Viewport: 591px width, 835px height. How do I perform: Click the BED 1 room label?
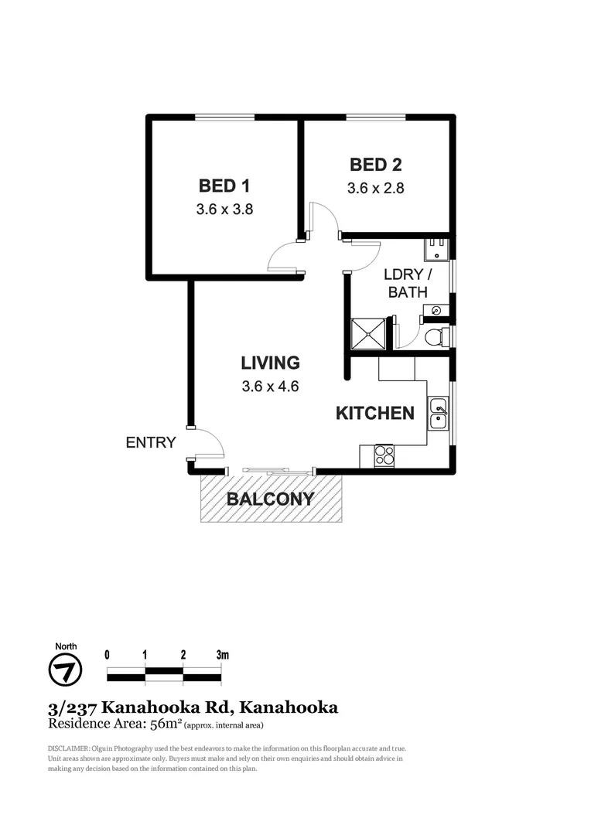224,186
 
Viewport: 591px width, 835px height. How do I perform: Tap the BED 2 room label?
375,165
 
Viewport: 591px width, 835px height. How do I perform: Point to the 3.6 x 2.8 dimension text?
375,187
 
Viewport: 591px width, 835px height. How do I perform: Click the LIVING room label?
269,363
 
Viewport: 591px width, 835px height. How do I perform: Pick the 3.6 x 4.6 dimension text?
269,386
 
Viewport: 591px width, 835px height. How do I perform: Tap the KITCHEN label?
375,413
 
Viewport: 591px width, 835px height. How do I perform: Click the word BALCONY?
270,499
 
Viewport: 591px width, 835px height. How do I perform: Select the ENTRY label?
151,443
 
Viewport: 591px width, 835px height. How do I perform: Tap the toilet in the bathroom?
436,337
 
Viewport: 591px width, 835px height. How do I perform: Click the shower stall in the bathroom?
368,334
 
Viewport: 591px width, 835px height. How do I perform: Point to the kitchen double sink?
438,414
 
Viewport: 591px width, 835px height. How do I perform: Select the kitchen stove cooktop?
384,456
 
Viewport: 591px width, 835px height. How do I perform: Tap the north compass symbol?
66,670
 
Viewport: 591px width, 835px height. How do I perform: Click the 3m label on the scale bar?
223,655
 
